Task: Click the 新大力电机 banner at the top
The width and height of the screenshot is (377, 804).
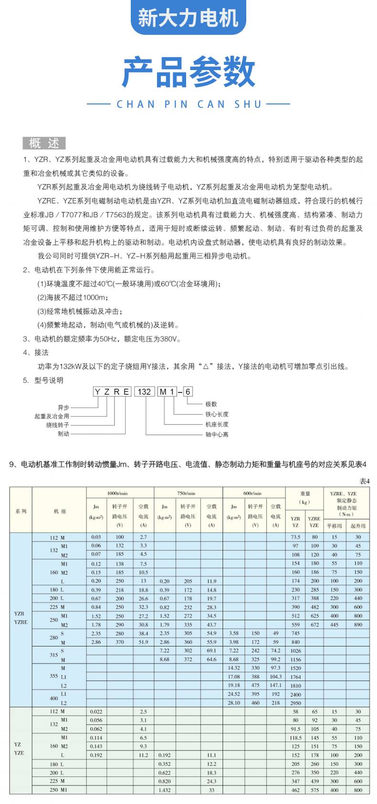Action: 188,18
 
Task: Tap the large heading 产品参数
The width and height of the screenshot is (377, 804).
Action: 188,72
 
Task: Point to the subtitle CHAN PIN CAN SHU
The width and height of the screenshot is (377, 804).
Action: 189,104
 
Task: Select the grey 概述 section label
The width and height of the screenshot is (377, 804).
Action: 44,143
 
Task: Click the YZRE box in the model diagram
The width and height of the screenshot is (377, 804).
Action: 112,392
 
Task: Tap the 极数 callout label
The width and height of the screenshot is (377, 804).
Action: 211,404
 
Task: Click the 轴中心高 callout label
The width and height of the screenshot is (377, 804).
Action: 217,434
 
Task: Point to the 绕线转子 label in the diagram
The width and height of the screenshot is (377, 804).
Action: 58,425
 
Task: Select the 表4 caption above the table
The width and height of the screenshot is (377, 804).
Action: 364,481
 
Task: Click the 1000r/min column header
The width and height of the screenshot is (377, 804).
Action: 120,493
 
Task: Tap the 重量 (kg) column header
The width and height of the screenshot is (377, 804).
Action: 305,497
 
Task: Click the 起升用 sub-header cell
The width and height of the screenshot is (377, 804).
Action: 358,526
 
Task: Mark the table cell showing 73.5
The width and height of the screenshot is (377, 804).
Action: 295,537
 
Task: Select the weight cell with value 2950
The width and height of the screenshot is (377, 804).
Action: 295,703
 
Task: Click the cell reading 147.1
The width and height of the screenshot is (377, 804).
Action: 275,685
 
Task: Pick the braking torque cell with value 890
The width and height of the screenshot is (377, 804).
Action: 358,625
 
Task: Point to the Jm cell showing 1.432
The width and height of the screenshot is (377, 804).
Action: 164,790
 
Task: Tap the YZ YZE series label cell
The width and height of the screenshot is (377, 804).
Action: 19,749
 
